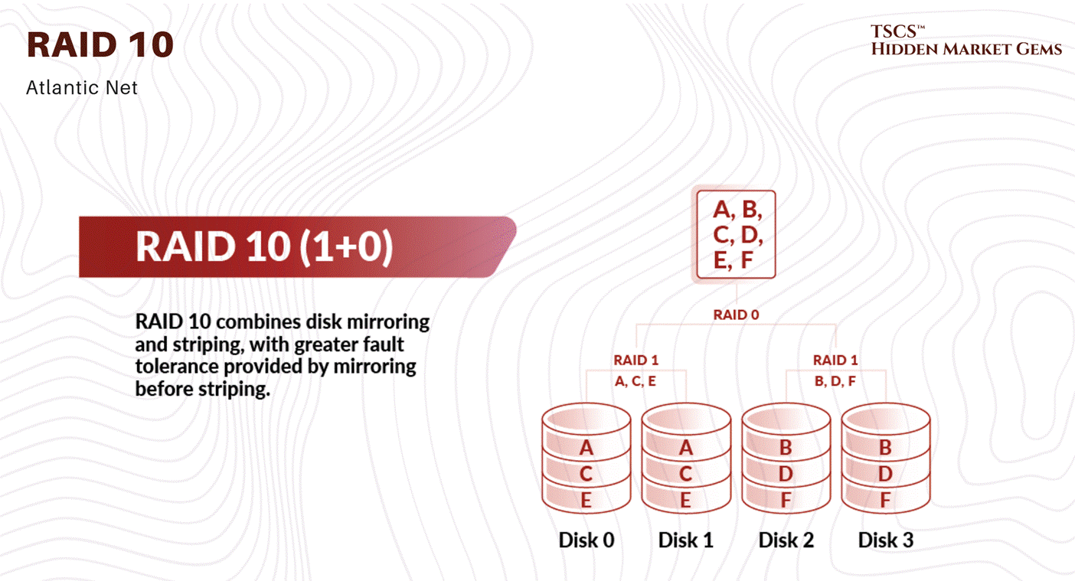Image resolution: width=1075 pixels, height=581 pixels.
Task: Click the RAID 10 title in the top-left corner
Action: click(100, 45)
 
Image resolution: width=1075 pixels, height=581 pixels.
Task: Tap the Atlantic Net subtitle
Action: click(82, 88)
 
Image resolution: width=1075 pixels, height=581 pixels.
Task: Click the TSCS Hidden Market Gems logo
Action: click(966, 41)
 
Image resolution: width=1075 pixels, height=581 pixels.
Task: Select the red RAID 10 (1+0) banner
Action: click(295, 247)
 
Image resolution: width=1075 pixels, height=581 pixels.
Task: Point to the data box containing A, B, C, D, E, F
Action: click(737, 234)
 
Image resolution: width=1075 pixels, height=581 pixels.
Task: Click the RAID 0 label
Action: click(736, 315)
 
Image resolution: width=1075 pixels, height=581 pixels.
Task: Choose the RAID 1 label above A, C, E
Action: click(636, 360)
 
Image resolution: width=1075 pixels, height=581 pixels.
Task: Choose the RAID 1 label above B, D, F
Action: click(835, 360)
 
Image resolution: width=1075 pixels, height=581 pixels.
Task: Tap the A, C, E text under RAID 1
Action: click(636, 380)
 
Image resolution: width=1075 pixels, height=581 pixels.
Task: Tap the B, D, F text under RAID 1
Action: click(835, 380)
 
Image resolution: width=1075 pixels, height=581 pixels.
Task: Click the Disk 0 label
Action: click(587, 540)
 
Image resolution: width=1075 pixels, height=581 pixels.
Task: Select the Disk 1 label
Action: click(686, 540)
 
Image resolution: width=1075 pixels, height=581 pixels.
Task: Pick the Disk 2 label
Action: click(786, 540)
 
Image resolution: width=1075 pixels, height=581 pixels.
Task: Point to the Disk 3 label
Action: click(886, 540)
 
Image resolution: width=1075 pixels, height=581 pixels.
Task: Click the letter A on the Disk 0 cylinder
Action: click(587, 448)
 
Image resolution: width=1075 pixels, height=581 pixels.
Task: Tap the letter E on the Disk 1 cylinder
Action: click(686, 501)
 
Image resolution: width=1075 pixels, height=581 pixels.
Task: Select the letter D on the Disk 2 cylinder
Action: click(786, 475)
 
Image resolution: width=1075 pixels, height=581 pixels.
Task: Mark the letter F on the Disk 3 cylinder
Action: click(886, 501)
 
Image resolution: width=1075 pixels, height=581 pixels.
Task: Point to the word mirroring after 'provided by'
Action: click(374, 366)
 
